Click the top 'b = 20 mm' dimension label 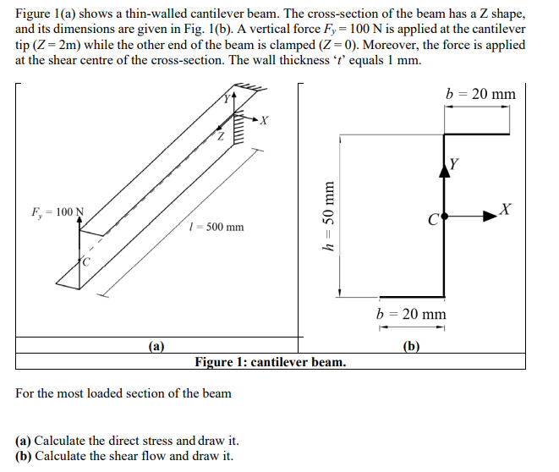tap(480, 94)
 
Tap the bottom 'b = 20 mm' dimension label tap(412, 315)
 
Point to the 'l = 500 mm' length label tap(217, 227)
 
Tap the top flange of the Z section tap(477, 133)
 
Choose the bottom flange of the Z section tap(412, 298)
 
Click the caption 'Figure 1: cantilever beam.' tap(270, 362)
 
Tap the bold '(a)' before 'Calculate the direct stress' tap(24, 441)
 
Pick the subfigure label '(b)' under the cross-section tap(410, 346)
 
